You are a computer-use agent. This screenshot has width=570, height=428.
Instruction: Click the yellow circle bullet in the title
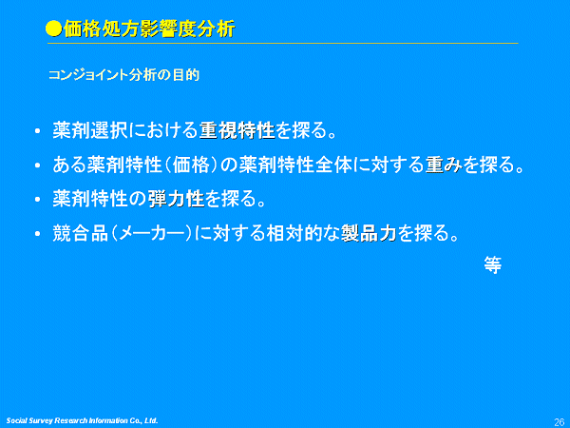point(54,29)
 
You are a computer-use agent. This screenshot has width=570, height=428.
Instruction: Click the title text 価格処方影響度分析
point(149,29)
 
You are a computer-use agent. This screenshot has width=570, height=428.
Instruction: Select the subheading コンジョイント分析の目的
point(123,75)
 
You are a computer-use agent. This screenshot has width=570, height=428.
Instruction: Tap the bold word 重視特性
point(237,130)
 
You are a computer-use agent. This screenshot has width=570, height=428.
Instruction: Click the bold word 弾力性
point(177,199)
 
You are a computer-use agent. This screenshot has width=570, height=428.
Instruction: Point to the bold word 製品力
point(369,233)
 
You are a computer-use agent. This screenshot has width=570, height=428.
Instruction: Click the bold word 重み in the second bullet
point(444,165)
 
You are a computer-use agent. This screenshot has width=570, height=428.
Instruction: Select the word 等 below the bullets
point(492,264)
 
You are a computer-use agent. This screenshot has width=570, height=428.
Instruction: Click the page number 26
point(560,421)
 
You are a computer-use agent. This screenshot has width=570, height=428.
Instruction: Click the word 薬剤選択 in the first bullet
point(90,130)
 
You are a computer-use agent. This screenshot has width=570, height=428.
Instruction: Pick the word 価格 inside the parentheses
point(191,165)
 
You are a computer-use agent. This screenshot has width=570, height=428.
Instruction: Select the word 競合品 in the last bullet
point(81,233)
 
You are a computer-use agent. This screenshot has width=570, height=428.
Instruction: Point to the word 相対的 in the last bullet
point(294,233)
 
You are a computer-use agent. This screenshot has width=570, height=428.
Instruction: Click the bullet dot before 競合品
point(37,234)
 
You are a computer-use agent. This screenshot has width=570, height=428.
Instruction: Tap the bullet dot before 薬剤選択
point(37,131)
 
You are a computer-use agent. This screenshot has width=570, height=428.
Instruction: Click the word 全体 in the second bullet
point(333,165)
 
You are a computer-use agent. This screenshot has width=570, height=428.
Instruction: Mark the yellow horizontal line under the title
point(283,44)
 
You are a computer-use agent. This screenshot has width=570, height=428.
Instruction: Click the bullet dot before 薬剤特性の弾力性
point(37,200)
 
